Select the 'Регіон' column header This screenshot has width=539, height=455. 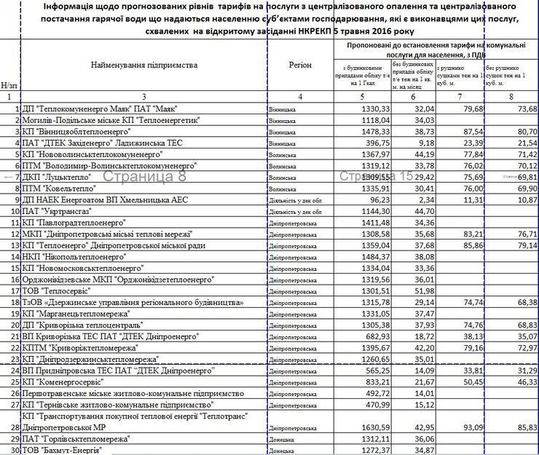click(300, 66)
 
